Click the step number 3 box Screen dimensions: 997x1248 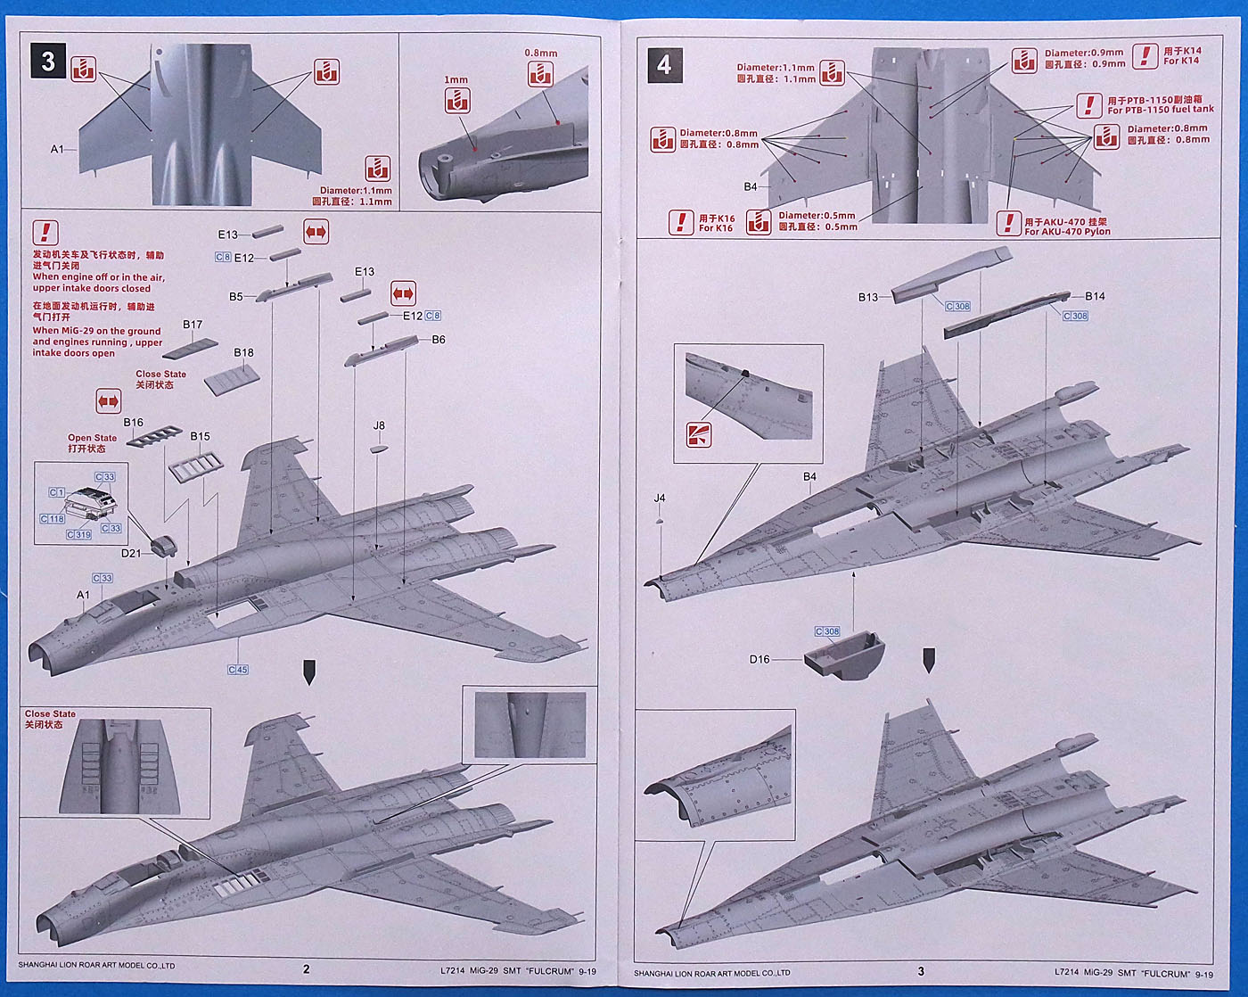[x=48, y=61]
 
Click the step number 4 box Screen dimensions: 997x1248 [x=663, y=65]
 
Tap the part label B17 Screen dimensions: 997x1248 [x=193, y=325]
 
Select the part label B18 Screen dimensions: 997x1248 [x=243, y=352]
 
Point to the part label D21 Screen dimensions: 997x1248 [x=132, y=553]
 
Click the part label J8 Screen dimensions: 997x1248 [x=379, y=425]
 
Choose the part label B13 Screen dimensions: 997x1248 [x=868, y=297]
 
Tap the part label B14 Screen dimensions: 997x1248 [x=1095, y=296]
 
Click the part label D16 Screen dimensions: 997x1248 [x=759, y=659]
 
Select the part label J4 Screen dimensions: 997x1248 [x=660, y=498]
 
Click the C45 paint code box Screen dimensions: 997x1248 [x=238, y=670]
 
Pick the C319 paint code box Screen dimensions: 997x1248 [x=79, y=535]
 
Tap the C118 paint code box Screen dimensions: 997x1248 [x=53, y=519]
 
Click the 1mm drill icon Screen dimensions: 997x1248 [x=456, y=100]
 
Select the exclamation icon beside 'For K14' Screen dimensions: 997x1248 [x=1145, y=56]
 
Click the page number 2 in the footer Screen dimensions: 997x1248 [x=307, y=969]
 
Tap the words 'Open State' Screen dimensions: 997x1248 [x=92, y=438]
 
